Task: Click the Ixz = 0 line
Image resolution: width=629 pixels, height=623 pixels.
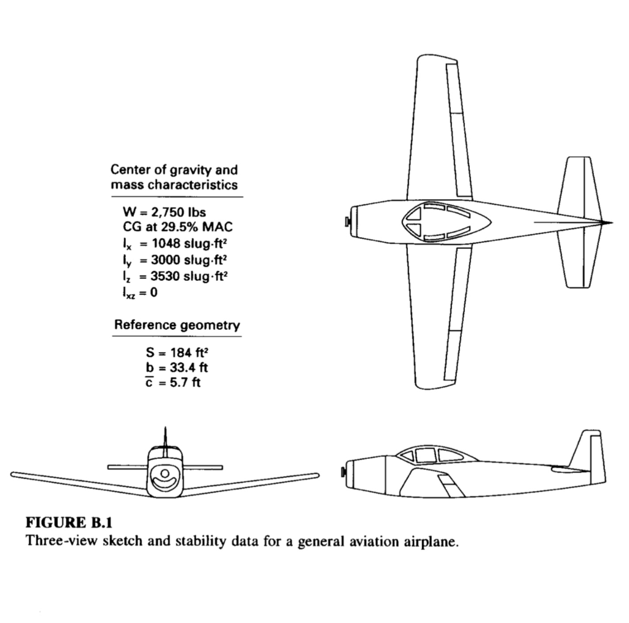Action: point(140,292)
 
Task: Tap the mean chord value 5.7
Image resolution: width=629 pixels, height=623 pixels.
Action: point(179,382)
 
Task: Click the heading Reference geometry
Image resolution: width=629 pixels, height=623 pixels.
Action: point(178,324)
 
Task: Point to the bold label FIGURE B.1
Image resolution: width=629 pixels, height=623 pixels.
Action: point(69,523)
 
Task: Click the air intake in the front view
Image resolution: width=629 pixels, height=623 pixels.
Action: point(165,478)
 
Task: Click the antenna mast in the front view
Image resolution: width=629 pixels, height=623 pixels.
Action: point(165,441)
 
